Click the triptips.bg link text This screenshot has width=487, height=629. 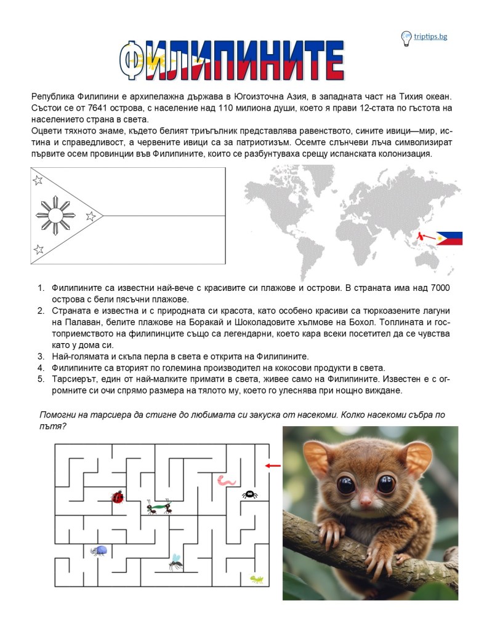pos(430,36)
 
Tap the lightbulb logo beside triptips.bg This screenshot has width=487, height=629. pos(406,38)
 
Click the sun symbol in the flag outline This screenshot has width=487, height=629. pos(55,215)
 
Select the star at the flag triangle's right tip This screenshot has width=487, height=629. pos(91,216)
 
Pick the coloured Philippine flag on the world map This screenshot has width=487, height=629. pos(449,239)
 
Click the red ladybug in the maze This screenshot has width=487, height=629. pos(117,496)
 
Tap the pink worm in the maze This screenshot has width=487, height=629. pos(223,479)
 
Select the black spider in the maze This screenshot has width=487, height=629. pos(249,493)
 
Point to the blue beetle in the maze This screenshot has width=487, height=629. pos(99,550)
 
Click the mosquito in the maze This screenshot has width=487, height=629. pos(175,561)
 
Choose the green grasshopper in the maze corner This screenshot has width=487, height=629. pos(257,579)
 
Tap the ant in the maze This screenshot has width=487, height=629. pos(159,508)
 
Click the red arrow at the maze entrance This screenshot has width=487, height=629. pos(272,465)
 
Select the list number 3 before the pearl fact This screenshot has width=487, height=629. pos(41,356)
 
